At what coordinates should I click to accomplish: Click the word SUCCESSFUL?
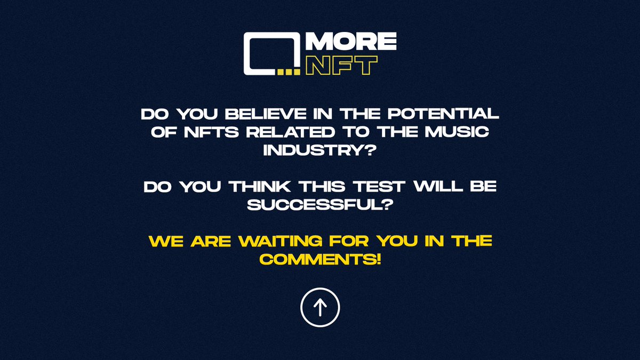click(320, 205)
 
